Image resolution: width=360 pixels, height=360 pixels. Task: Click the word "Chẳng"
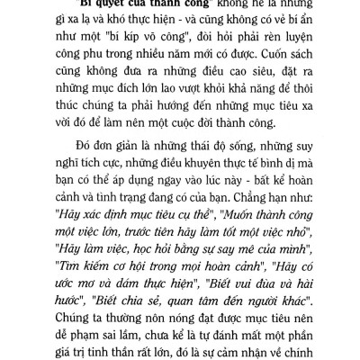[x=256, y=236]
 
